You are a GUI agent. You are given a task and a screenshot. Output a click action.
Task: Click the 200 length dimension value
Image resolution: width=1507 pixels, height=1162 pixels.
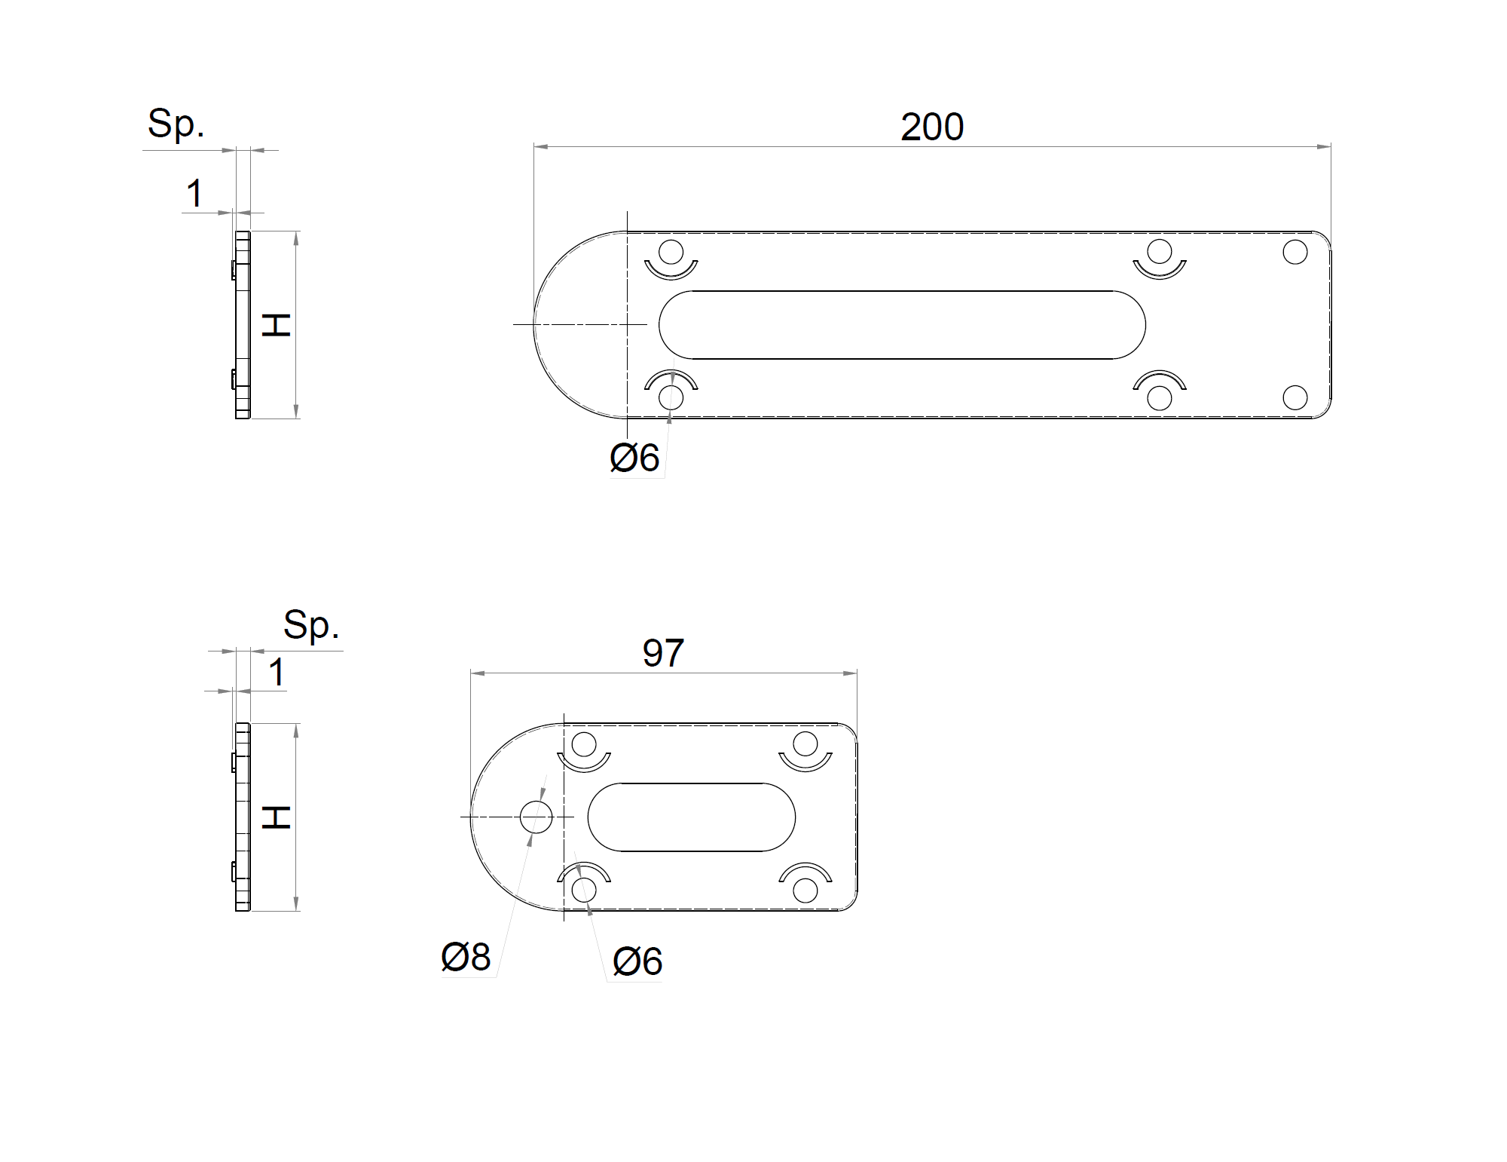(932, 127)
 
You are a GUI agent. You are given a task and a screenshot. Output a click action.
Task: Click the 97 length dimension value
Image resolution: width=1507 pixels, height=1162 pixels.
(663, 653)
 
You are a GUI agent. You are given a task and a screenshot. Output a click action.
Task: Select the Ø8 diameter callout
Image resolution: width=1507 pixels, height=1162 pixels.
(466, 957)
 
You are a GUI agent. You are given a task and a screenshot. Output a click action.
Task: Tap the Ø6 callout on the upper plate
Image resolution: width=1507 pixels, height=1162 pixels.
(634, 458)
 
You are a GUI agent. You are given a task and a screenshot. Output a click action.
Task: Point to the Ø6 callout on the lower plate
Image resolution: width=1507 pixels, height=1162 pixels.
(637, 961)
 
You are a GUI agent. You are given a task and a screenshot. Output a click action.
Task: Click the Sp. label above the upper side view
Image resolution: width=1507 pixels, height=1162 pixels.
(176, 124)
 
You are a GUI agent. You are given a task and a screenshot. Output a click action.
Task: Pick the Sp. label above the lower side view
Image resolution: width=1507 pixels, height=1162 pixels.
(311, 624)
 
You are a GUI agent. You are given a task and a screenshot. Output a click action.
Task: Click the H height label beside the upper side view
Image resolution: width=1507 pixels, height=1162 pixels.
(277, 325)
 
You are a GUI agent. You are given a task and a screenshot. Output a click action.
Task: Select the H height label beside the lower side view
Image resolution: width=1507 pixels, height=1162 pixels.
(277, 817)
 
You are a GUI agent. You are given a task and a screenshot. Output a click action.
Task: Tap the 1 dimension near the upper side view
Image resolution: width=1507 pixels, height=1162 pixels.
(194, 194)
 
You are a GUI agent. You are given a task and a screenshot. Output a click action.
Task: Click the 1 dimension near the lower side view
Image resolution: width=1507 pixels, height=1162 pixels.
(277, 672)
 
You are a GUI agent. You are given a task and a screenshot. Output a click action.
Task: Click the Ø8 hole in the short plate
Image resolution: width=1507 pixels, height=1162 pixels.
(536, 817)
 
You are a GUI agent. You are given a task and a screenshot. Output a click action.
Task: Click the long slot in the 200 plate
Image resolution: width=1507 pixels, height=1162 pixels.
(902, 325)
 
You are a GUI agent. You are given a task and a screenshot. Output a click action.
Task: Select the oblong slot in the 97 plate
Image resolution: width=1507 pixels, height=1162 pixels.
(691, 817)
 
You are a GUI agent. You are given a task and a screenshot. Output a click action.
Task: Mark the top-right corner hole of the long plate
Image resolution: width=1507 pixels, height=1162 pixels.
(1295, 252)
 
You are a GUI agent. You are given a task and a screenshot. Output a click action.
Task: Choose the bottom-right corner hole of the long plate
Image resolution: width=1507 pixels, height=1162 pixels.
(1295, 397)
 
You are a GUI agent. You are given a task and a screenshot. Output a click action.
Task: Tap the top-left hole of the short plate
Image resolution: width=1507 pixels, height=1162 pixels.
(584, 744)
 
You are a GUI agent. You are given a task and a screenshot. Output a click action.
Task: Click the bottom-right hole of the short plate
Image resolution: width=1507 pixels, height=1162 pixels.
(805, 890)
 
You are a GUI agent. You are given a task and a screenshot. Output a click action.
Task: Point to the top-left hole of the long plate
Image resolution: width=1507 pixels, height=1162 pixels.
(671, 252)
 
